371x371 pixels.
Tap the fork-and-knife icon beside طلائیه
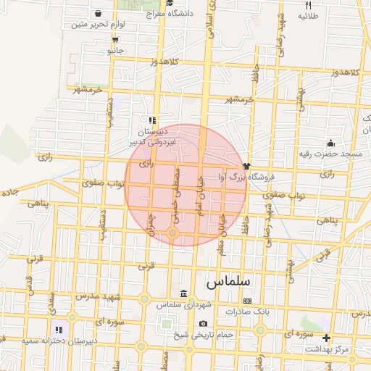308,5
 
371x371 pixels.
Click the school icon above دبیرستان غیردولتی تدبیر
152,120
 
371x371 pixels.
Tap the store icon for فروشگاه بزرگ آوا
247,166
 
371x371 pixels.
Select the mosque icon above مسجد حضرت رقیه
331,143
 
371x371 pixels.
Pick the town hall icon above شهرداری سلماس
183,294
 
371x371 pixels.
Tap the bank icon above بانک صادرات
247,300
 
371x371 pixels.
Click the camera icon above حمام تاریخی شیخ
203,323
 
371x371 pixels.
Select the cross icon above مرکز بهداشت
326,338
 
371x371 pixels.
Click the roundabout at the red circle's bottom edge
172,233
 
